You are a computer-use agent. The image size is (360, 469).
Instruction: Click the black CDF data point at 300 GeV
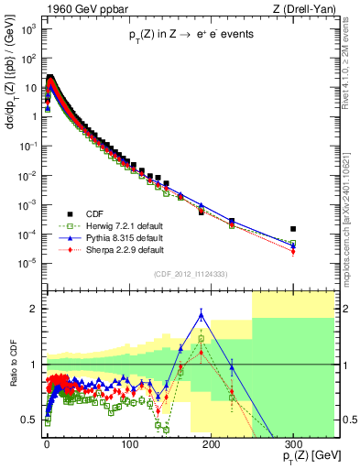(293, 228)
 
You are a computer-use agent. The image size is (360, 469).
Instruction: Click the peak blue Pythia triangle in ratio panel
(202, 315)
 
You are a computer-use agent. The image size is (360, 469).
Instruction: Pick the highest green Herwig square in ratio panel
(202, 339)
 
